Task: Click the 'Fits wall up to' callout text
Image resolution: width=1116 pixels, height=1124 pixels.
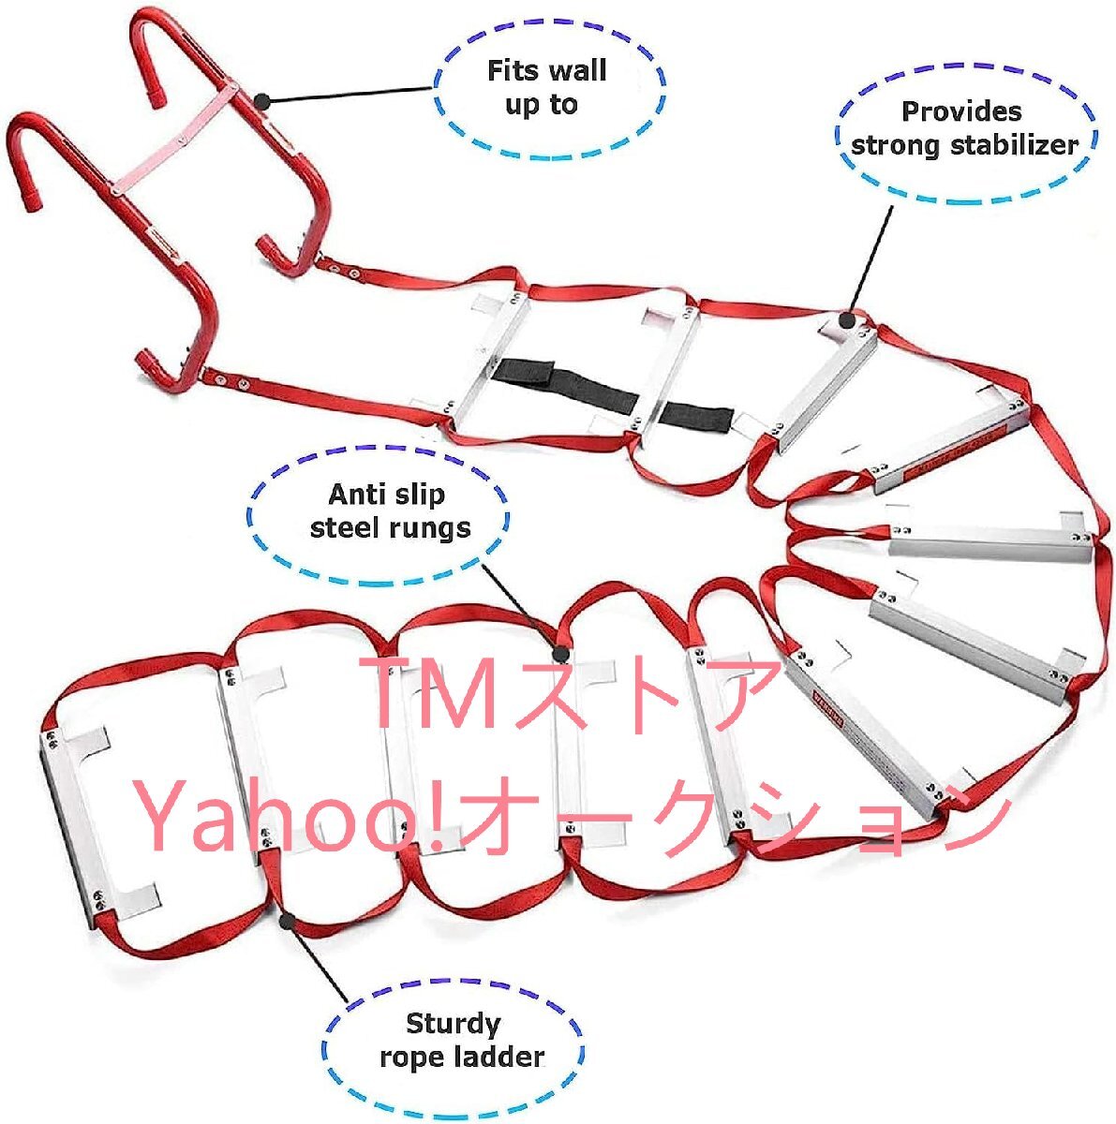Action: tap(546, 87)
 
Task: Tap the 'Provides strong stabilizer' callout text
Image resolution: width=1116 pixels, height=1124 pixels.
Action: tap(963, 128)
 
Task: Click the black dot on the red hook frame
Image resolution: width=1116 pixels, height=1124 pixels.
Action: tap(261, 98)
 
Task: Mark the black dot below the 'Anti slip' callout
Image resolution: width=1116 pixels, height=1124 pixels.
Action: tap(560, 653)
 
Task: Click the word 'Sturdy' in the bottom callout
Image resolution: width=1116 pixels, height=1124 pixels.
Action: tap(453, 1023)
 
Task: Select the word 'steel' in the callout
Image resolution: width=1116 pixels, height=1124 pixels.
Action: tap(341, 528)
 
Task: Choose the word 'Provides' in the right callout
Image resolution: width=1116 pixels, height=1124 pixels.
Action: tap(961, 111)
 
